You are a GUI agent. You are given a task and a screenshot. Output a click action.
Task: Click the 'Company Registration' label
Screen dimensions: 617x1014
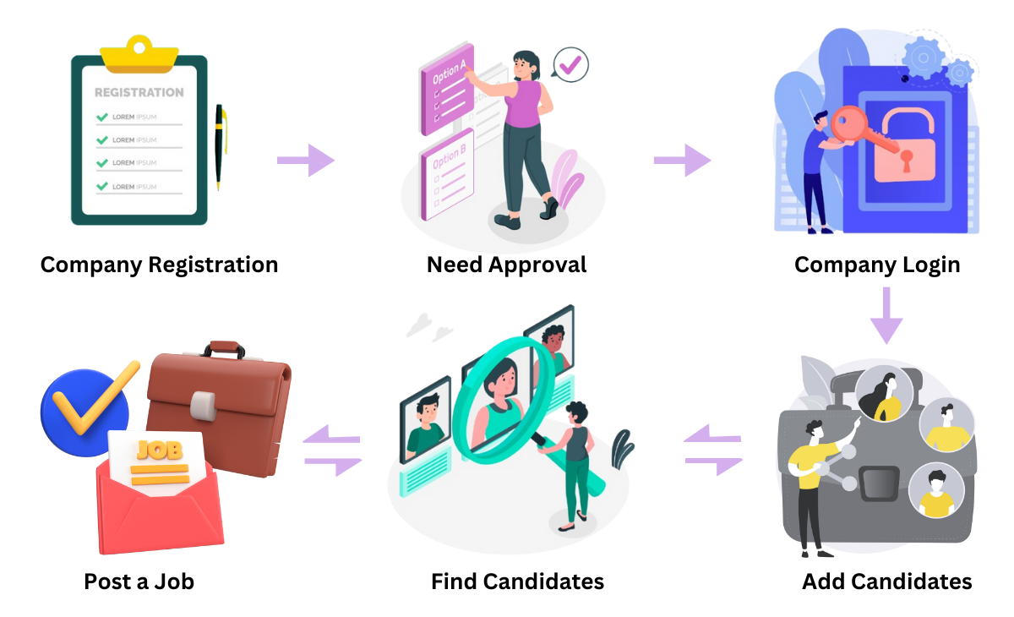[x=159, y=265]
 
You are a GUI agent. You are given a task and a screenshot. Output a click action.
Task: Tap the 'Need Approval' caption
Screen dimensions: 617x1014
[x=506, y=265]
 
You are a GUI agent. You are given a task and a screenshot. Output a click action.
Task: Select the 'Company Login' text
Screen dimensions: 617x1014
[x=877, y=265]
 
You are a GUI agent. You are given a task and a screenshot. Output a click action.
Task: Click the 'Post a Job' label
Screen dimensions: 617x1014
[x=139, y=582]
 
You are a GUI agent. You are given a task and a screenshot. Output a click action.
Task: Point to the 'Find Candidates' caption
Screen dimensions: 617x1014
[x=517, y=582]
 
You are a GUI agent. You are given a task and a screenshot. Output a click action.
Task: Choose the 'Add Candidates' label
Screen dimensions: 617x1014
[x=886, y=582]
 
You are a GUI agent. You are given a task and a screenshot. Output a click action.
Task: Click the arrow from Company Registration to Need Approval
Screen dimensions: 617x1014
[x=306, y=160]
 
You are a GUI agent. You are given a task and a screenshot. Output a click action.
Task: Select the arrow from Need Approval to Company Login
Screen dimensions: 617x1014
[x=682, y=160]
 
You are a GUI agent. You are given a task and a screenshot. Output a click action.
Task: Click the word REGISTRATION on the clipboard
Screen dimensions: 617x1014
[x=139, y=92]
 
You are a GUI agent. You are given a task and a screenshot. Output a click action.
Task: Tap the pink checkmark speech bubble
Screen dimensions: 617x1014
[x=570, y=63]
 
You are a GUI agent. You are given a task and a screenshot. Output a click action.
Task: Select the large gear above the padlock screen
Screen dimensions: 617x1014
[x=924, y=57]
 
